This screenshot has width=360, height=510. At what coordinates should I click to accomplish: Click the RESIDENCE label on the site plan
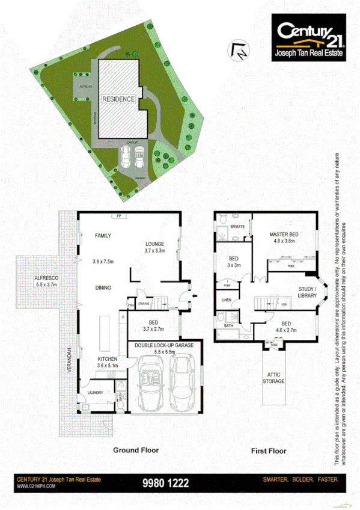[118, 99]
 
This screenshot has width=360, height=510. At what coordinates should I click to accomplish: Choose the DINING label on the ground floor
[103, 288]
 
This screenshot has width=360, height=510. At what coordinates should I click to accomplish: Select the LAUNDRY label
[96, 392]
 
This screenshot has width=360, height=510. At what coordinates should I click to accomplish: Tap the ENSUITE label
[237, 226]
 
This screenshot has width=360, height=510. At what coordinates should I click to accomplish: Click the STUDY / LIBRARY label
[307, 293]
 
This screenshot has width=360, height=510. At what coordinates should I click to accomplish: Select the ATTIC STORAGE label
[273, 378]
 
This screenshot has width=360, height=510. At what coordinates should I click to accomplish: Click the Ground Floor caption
[136, 450]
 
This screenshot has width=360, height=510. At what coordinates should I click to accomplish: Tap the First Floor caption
[268, 450]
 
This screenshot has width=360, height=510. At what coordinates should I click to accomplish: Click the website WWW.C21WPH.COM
[36, 485]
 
